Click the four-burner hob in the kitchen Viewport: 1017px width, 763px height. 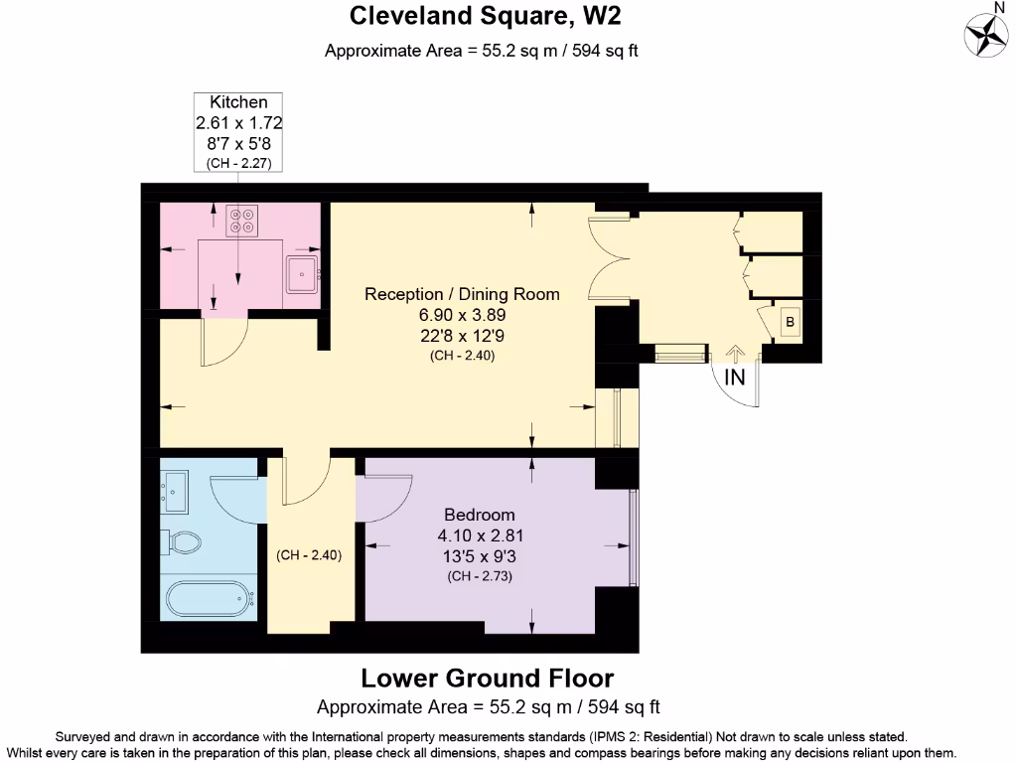click(239, 220)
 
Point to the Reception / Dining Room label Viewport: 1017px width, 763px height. click(462, 294)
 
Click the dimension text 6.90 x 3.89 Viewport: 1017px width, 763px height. click(462, 314)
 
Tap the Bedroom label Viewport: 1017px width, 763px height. click(480, 515)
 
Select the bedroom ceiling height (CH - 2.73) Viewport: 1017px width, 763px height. click(480, 575)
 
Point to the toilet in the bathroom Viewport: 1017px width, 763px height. click(181, 542)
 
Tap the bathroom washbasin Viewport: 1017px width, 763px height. click(177, 490)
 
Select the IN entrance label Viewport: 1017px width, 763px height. click(735, 378)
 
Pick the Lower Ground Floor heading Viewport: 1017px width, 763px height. click(487, 679)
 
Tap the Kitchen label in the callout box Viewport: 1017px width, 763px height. click(238, 102)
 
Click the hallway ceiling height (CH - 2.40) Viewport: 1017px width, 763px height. click(309, 556)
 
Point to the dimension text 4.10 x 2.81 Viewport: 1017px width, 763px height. click(480, 535)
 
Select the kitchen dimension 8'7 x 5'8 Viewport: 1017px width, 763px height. click(238, 143)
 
